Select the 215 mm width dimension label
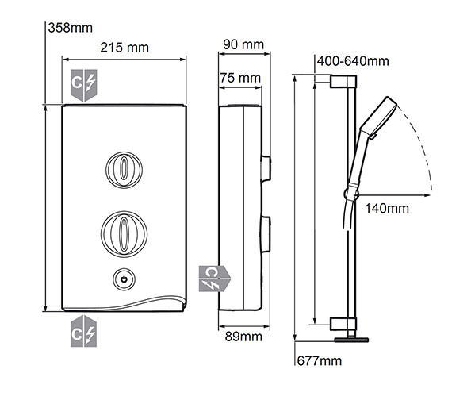[x=124, y=48]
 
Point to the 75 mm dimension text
[x=241, y=78]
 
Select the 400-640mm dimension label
[x=352, y=61]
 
